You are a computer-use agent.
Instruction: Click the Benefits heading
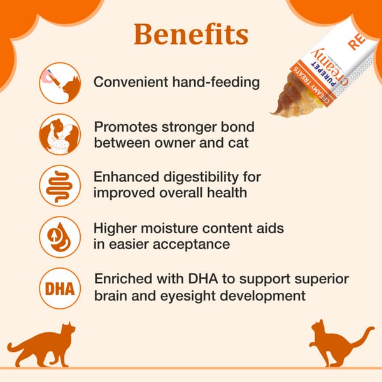[x=190, y=35]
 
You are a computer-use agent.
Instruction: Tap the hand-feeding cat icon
[x=60, y=83]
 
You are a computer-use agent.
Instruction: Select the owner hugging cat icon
[x=60, y=135]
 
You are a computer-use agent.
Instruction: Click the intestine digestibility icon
[x=60, y=185]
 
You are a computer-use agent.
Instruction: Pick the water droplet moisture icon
[x=60, y=237]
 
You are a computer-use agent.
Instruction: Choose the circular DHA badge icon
[x=60, y=288]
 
